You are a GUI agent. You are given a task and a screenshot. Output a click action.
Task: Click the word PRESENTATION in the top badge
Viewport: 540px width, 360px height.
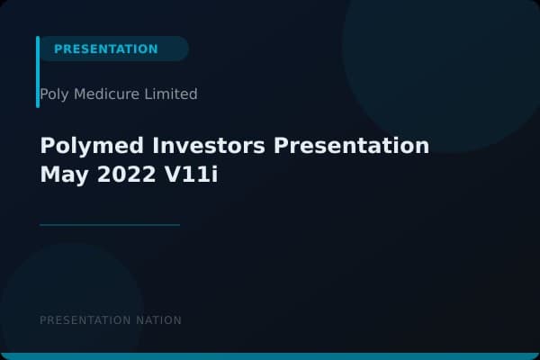click(x=105, y=49)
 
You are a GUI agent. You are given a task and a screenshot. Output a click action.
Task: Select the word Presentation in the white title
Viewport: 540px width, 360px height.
click(x=346, y=146)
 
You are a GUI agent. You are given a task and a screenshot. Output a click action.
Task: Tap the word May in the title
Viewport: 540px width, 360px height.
click(x=62, y=175)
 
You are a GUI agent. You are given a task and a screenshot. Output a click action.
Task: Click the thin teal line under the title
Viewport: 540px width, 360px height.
click(x=110, y=225)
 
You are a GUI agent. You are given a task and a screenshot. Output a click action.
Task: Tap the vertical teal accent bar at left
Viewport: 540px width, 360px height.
click(x=38, y=72)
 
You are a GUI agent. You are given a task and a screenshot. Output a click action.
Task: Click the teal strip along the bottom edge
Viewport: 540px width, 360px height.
click(x=270, y=356)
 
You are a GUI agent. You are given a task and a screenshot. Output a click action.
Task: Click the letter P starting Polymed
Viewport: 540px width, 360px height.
click(x=47, y=146)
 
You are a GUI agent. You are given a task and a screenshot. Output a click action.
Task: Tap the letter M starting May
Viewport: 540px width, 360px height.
click(x=49, y=175)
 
